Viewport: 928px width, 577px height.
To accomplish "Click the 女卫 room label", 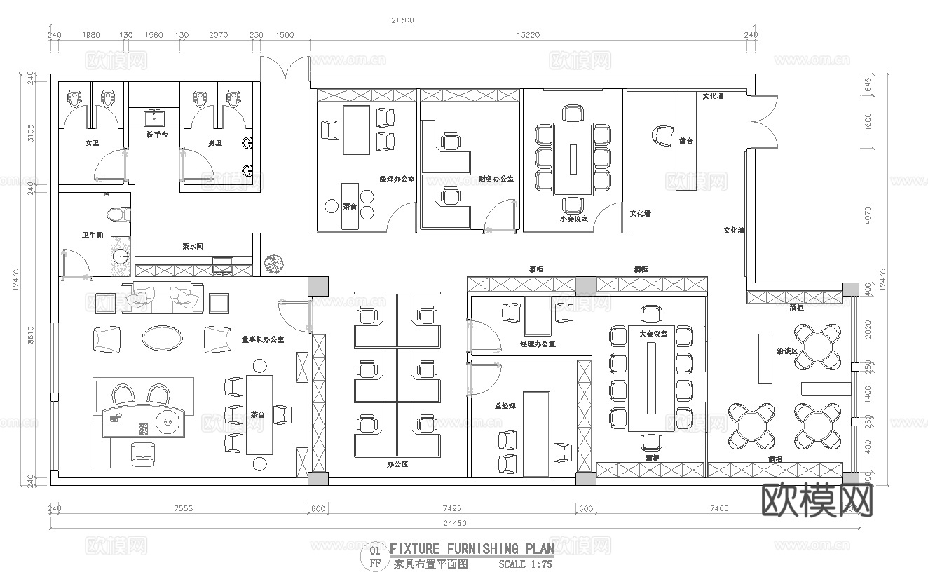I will [x=92, y=143].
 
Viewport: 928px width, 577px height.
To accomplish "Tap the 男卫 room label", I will [x=215, y=143].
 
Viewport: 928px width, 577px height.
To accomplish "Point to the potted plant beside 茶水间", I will [x=273, y=264].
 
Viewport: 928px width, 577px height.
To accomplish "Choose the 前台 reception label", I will [x=686, y=141].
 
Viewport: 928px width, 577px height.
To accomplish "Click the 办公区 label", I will [x=397, y=463].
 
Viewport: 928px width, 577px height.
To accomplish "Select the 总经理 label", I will [x=505, y=406].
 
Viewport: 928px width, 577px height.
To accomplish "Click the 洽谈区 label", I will [x=786, y=349].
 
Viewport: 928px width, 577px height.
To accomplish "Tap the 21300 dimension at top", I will [x=403, y=20].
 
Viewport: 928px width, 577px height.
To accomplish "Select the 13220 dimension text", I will [x=528, y=35].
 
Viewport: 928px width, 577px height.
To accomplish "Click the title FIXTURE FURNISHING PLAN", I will [x=471, y=548].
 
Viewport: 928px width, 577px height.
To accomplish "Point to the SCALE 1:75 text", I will [x=525, y=564].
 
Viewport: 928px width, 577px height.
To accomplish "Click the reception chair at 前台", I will [x=662, y=135].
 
